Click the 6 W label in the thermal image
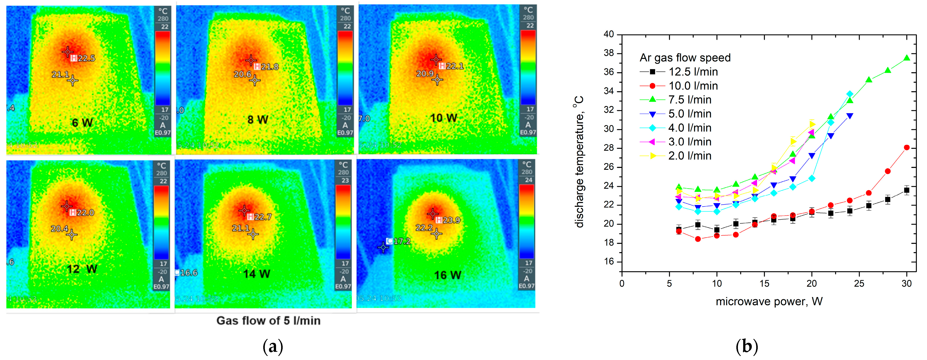82,123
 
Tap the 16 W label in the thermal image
447,275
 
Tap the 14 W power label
257,274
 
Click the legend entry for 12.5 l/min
693,72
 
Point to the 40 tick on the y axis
609,34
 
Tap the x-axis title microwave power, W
769,301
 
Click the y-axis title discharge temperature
579,162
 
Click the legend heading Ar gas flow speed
685,58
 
